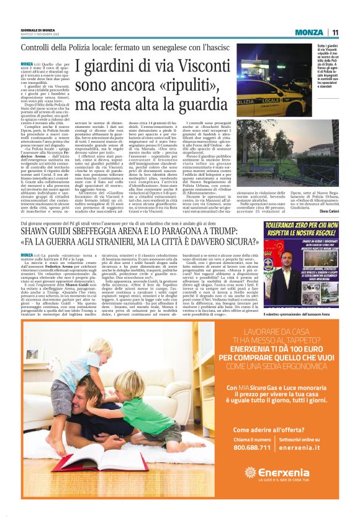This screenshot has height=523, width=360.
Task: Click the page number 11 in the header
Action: coord(335,33)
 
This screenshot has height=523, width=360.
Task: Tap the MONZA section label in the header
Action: coord(308,33)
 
